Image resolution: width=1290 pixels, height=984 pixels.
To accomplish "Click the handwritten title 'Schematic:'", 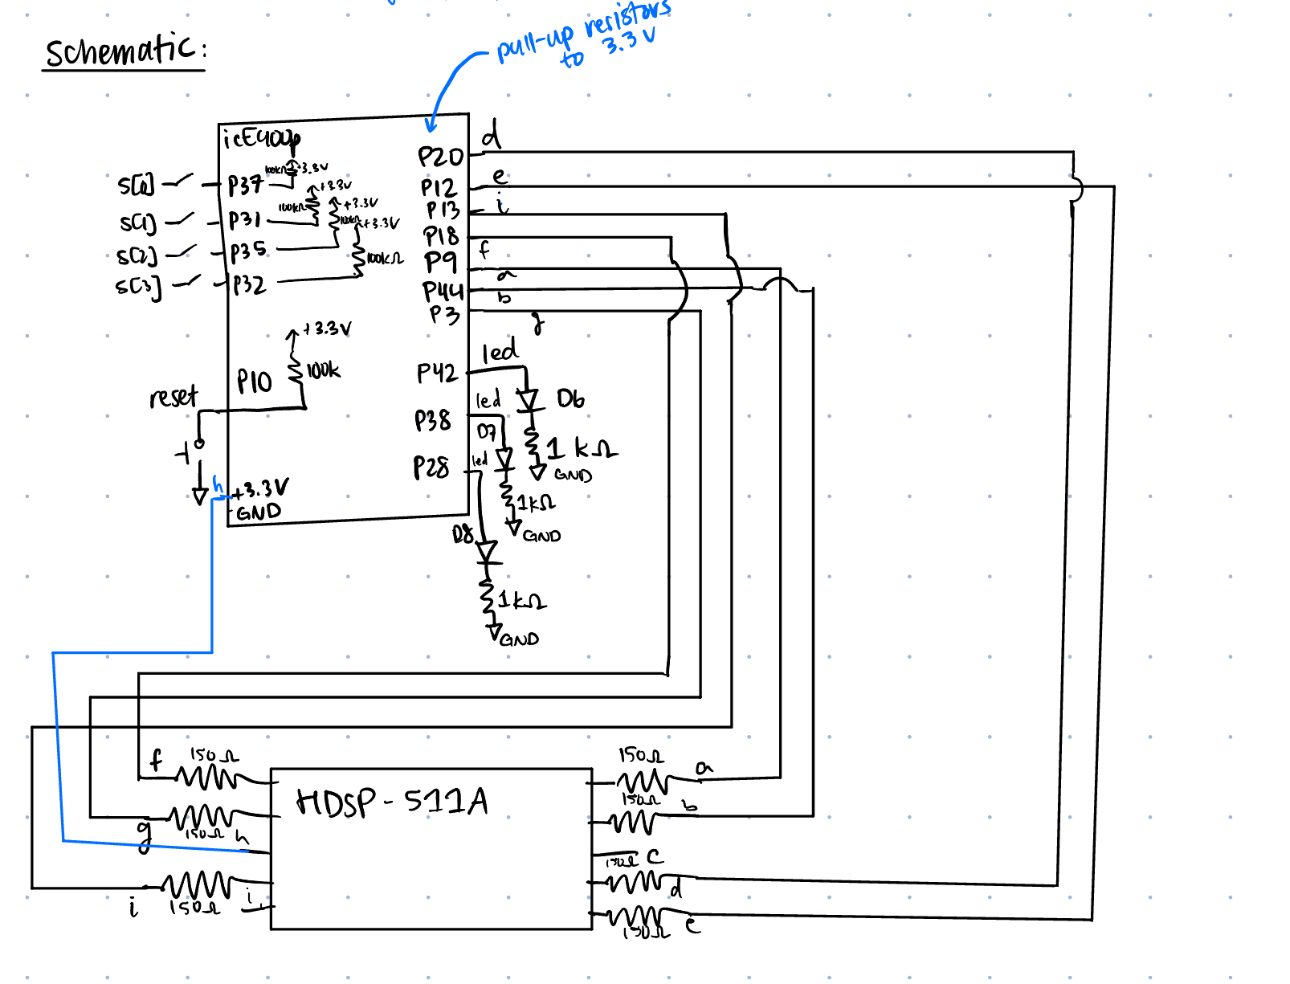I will [x=125, y=51].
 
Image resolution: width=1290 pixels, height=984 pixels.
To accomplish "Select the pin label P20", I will [x=440, y=157].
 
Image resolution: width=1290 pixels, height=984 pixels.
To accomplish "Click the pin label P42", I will [x=436, y=373].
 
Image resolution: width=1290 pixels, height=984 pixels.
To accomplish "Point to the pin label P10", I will [x=255, y=382].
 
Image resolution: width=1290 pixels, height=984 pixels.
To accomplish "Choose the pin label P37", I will [x=245, y=186].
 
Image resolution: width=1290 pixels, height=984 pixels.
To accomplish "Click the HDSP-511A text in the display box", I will [x=392, y=802].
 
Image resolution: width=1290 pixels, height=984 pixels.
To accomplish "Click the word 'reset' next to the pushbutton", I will [x=173, y=397].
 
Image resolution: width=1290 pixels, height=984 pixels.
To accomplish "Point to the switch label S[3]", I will [x=138, y=287].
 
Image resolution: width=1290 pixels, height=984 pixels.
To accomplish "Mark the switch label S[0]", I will [x=136, y=186].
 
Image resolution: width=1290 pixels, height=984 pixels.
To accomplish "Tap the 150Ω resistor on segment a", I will [x=643, y=781].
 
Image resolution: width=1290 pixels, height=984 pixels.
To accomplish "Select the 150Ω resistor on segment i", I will [x=198, y=885].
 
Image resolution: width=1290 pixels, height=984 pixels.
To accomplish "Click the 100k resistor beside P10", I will [x=296, y=370].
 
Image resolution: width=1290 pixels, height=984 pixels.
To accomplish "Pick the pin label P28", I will [x=431, y=468].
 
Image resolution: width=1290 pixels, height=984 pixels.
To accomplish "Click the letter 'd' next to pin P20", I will [x=491, y=135].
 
